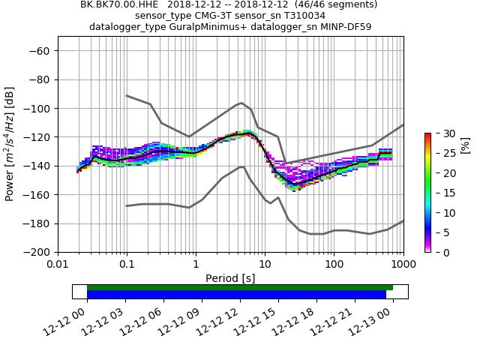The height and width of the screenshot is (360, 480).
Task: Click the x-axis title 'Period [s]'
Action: coord(230,278)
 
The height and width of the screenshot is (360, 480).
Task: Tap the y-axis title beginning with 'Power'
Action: coord(10,144)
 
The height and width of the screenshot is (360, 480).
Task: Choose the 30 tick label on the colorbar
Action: coord(440,133)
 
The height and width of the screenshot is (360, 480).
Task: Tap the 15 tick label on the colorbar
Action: coord(440,193)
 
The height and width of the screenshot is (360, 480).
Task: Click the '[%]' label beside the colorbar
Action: coord(465,145)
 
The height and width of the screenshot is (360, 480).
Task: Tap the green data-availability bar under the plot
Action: coord(240,287)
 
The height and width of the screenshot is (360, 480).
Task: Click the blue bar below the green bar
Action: coord(236,295)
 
